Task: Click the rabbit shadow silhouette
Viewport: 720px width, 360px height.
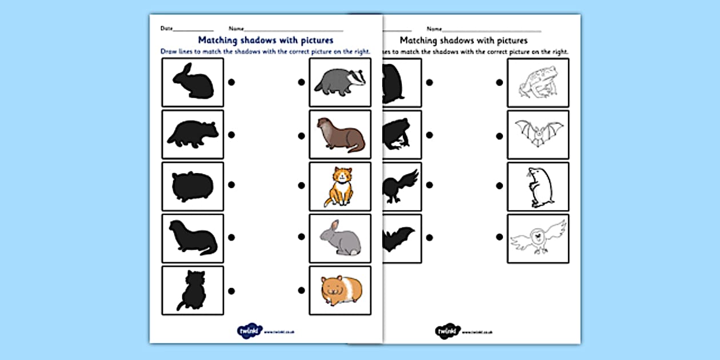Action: (193, 82)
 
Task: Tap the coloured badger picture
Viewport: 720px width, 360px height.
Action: (339, 82)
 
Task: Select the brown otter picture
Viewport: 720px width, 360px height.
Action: (339, 135)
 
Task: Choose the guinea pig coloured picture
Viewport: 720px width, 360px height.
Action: (339, 290)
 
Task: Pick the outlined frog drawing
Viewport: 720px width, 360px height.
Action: (537, 82)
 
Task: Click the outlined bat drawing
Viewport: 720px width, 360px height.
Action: (537, 134)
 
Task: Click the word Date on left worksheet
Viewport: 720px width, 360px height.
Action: (166, 28)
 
